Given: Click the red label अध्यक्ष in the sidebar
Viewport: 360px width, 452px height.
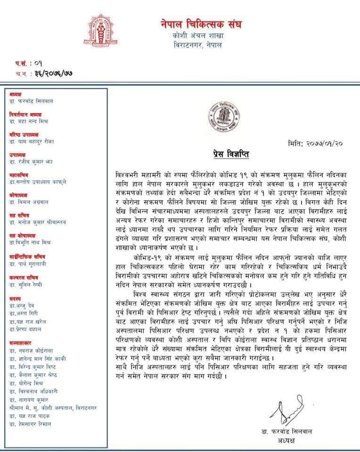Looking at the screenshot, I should [x=16, y=94].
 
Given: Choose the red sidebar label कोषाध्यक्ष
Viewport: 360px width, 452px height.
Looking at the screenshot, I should [x=19, y=194].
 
